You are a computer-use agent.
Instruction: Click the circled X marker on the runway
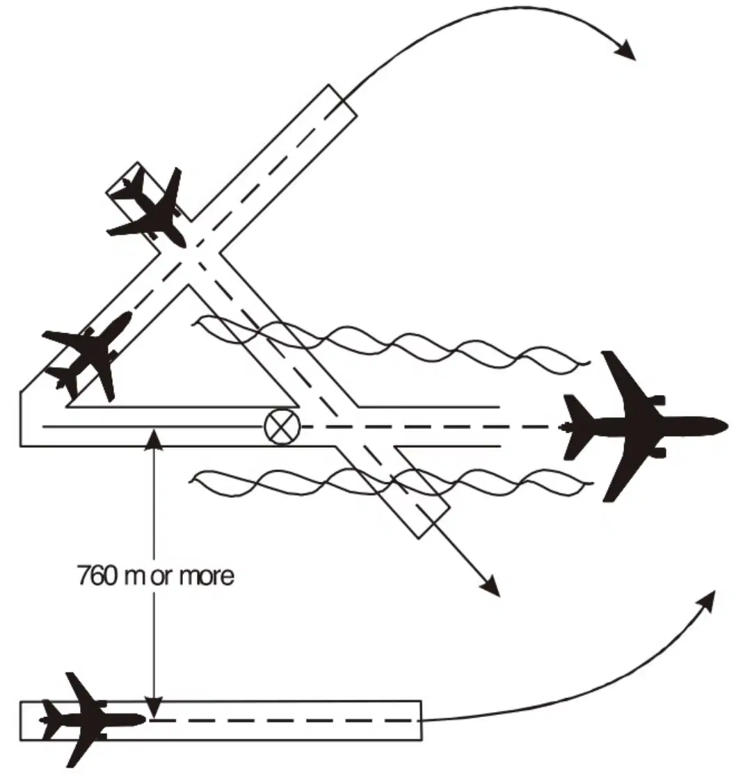282,427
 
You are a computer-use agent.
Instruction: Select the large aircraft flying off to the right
645,426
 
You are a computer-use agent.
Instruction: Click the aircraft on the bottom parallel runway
91,719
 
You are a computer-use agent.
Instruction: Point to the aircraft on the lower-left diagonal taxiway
88,355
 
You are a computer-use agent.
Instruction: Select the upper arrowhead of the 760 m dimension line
154,439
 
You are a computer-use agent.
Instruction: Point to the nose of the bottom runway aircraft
145,720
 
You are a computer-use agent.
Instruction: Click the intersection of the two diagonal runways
191,252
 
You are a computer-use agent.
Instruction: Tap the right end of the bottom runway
421,720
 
